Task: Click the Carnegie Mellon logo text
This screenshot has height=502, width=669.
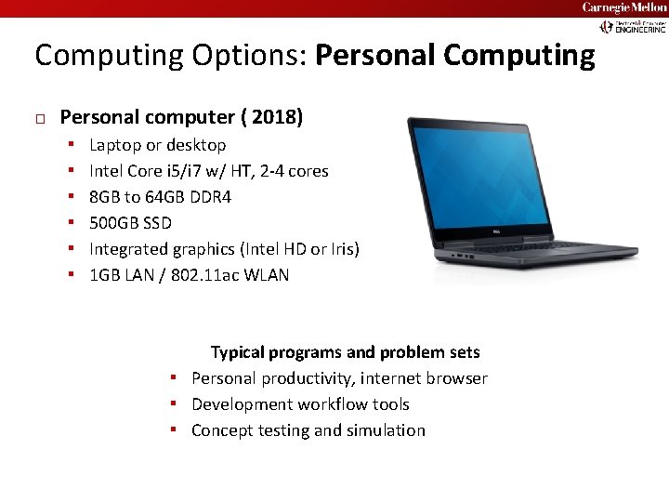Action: click(623, 7)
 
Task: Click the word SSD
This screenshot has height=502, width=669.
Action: click(158, 223)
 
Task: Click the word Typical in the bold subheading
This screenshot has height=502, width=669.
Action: click(237, 352)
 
